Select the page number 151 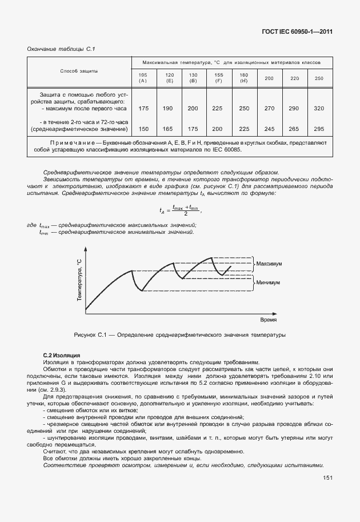coord(328,494)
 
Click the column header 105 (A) coord(143,78)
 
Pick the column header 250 coord(319,78)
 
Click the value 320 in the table coord(319,108)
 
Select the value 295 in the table coord(319,129)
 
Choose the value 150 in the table coord(143,129)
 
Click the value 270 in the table coord(269,108)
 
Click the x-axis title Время coord(269,320)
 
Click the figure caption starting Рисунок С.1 coord(179,334)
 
